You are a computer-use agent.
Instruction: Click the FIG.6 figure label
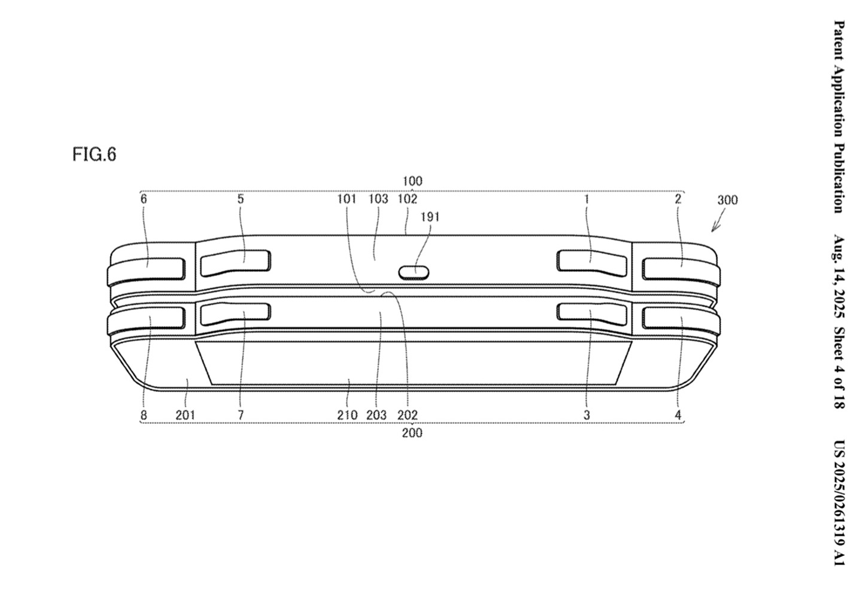[95, 154]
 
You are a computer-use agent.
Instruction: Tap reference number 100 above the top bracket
[412, 181]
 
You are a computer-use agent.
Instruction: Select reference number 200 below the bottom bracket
[412, 433]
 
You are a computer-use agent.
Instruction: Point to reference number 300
[728, 200]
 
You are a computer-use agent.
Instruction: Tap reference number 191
[430, 217]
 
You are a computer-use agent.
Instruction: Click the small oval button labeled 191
[414, 272]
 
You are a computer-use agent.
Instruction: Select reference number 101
[347, 199]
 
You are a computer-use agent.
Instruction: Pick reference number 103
[378, 199]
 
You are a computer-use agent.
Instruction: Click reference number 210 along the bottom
[347, 415]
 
